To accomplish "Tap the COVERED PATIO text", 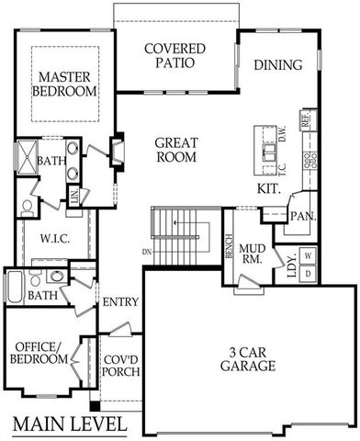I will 174,56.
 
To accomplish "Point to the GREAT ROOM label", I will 176,151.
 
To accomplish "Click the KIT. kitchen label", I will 269,189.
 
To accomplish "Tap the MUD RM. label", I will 253,254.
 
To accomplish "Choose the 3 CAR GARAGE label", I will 248,359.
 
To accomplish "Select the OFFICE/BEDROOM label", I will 39,353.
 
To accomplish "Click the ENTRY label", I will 120,302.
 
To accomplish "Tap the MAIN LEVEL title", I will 70,424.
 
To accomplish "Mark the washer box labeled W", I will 309,254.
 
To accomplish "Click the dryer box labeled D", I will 309,273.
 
